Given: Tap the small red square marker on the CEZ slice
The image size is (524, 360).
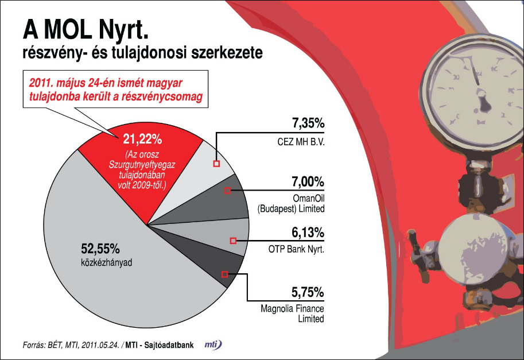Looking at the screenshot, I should coord(216,164).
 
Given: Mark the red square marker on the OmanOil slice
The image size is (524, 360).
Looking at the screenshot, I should coord(227,191).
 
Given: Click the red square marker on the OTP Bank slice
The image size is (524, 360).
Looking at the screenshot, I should coord(232,241).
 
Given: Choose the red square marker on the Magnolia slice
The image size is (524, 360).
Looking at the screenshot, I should coord(224,274).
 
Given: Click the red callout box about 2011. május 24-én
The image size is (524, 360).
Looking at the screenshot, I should coord(114,90).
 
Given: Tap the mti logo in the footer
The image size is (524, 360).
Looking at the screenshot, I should coord(213,344).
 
